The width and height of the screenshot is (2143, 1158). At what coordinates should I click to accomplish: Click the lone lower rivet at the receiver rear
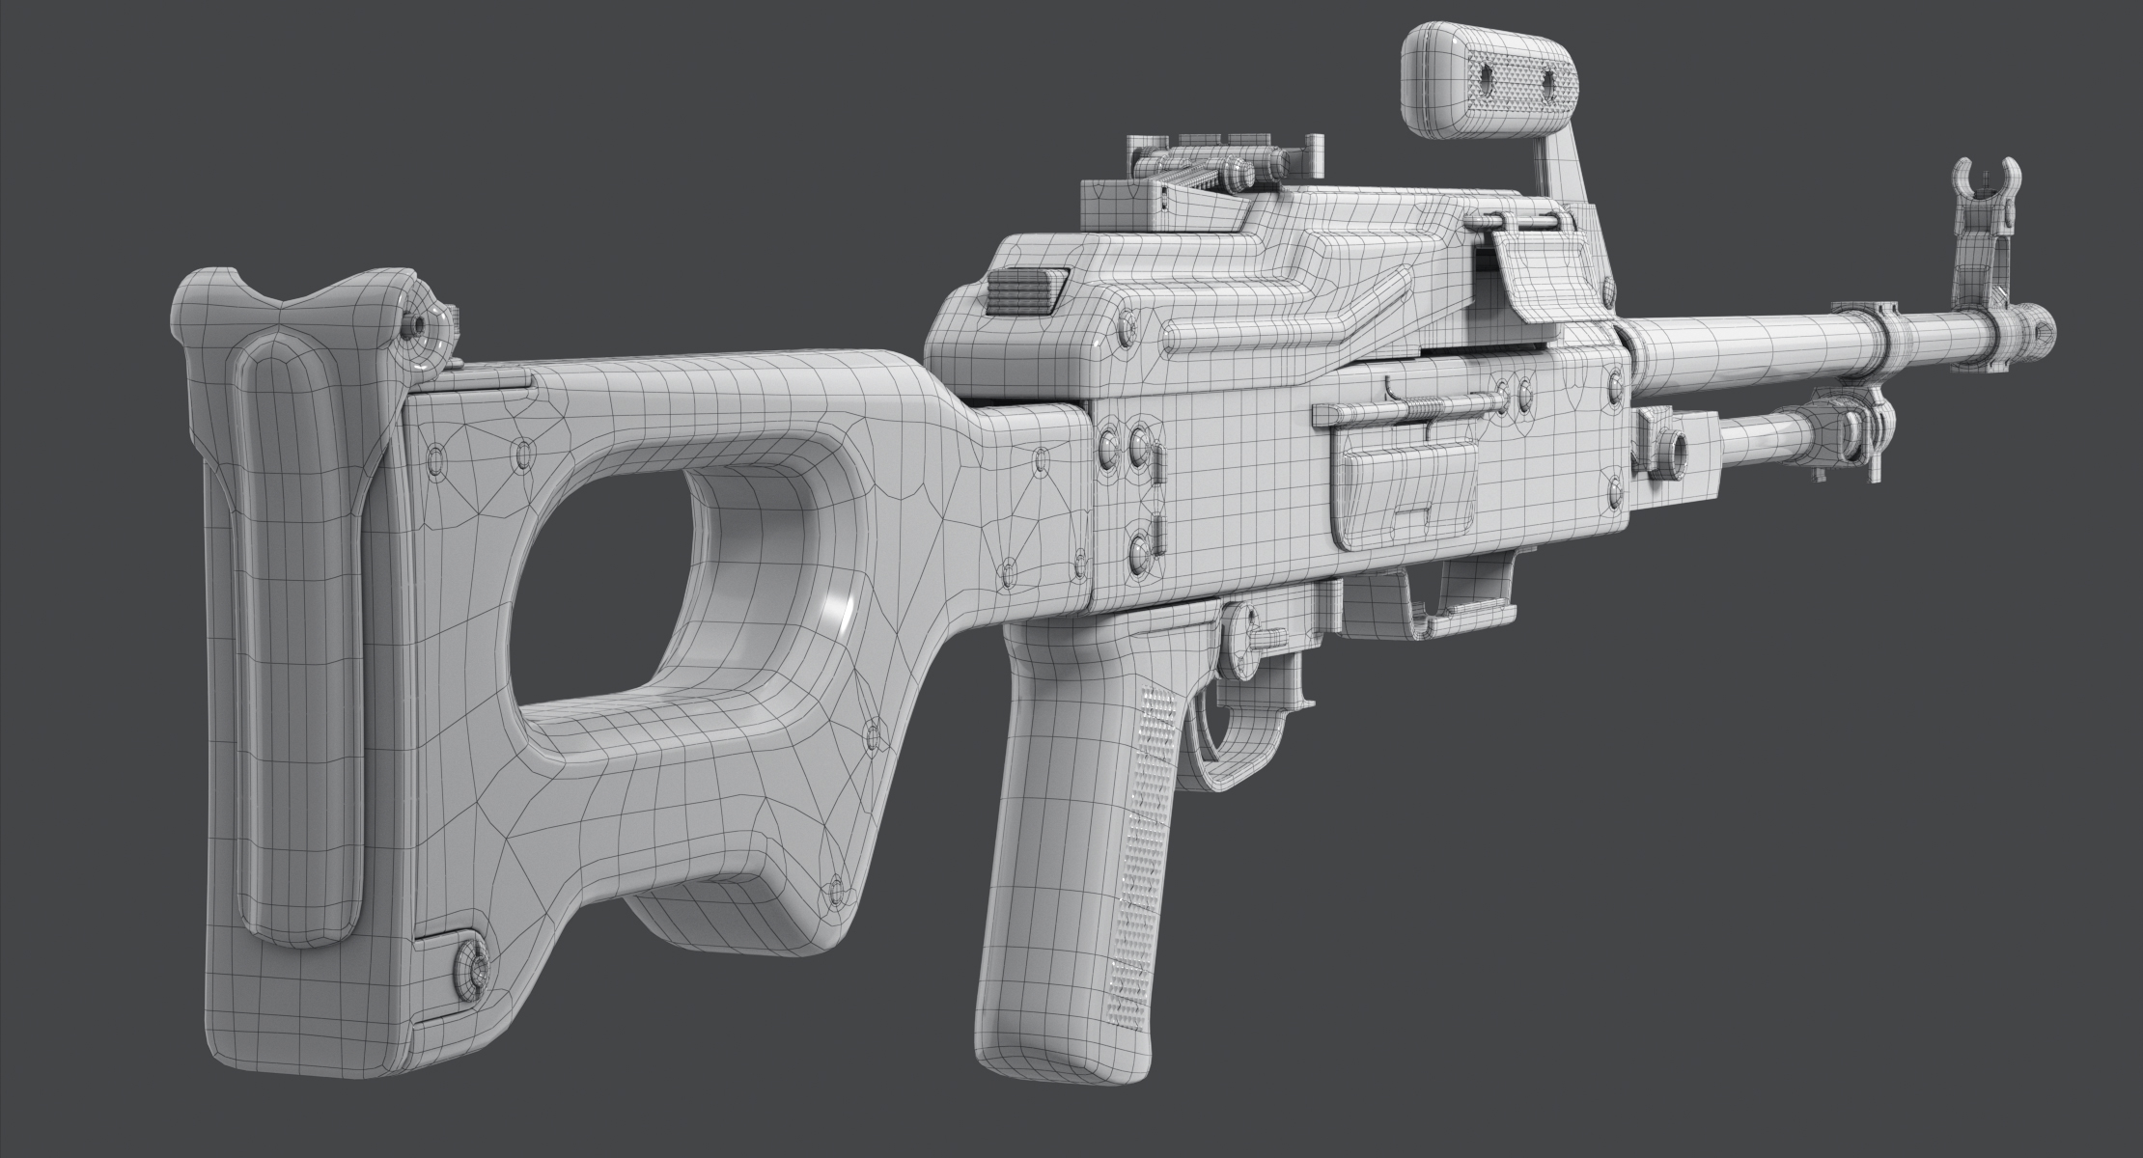[1140, 550]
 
